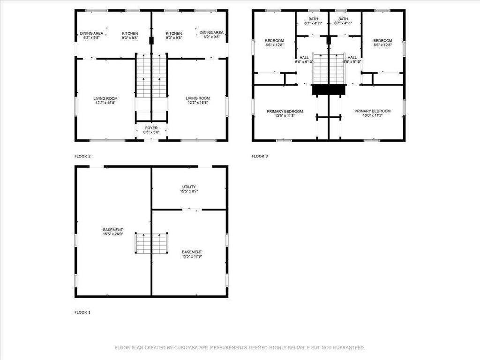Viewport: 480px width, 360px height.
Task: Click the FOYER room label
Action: click(151, 128)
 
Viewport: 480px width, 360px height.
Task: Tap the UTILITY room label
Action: click(189, 187)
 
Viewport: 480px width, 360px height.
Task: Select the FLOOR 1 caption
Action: click(82, 312)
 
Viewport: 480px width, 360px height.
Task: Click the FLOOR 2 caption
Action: click(82, 156)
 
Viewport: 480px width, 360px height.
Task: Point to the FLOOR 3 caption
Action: click(260, 156)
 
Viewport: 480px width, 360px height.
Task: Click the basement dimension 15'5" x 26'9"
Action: click(113, 234)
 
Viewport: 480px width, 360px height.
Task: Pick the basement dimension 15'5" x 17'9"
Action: click(192, 256)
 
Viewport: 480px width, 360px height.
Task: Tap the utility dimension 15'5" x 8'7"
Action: click(189, 191)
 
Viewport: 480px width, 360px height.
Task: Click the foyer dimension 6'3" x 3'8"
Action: click(151, 132)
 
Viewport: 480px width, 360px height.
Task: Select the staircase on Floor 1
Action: click(151, 243)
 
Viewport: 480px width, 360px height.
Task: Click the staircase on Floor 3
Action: click(329, 68)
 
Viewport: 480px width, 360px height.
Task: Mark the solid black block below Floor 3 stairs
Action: click(329, 90)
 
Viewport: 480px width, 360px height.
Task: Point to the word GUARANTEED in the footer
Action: click(349, 347)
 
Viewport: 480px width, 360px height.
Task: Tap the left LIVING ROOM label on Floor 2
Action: click(105, 98)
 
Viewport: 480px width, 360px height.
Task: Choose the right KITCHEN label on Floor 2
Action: click(174, 33)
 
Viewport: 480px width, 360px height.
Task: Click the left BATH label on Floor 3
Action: click(313, 19)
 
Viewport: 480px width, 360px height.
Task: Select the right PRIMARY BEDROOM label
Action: click(373, 111)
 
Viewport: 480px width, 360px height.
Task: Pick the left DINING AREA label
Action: click(91, 33)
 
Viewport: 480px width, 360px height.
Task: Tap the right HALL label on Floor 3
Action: click(352, 58)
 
